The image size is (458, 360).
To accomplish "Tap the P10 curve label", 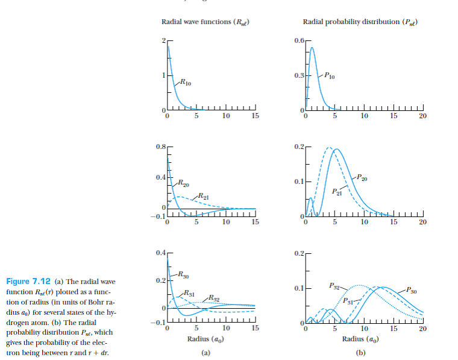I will [x=329, y=76].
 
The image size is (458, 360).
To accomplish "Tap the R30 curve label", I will [x=183, y=276].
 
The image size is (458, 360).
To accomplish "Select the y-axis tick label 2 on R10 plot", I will [x=162, y=40].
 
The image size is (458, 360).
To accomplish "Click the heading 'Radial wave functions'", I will [x=205, y=22].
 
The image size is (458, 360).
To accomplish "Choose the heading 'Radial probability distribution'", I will [x=360, y=22].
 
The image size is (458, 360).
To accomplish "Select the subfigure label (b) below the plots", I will [x=360, y=352].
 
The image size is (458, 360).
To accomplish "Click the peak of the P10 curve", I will [x=312, y=48].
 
